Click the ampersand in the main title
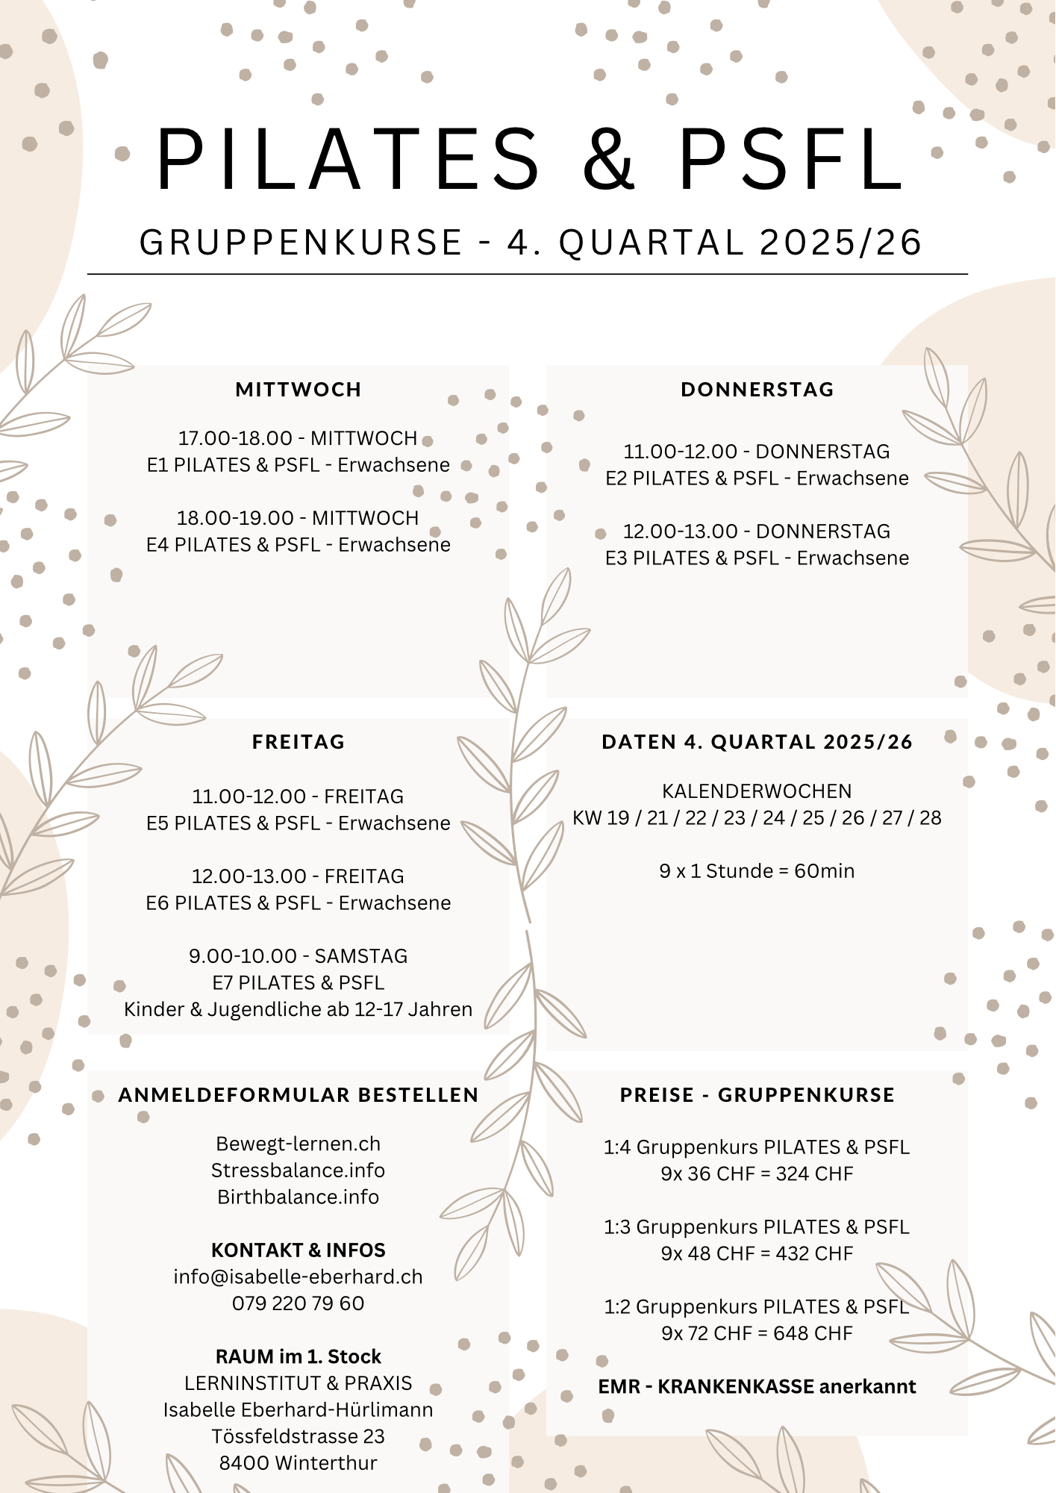(609, 159)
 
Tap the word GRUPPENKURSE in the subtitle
(301, 243)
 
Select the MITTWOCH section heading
(299, 390)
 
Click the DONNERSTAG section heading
(757, 390)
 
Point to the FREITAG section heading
(299, 742)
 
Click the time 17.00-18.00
(235, 438)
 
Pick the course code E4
(157, 545)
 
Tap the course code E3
(616, 558)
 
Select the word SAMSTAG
(361, 956)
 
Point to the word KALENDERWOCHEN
(757, 791)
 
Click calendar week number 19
(619, 818)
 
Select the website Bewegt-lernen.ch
(299, 1144)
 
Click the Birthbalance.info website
(299, 1197)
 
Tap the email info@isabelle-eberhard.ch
(299, 1277)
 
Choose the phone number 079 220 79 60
(299, 1304)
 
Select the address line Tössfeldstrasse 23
(299, 1437)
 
